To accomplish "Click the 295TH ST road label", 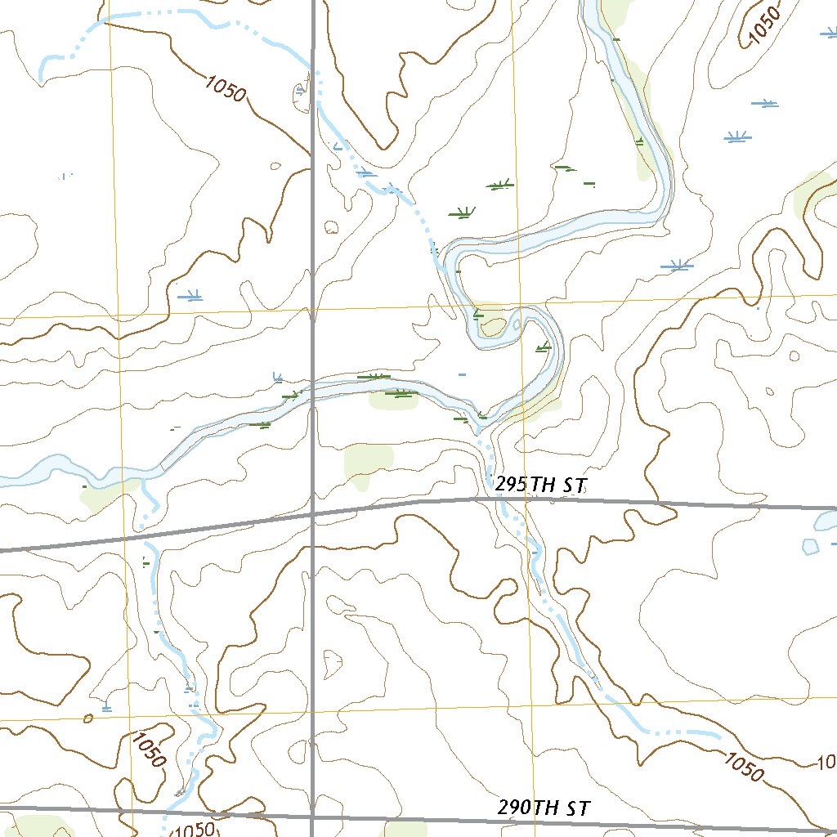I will [540, 485].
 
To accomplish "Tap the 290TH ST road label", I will [544, 808].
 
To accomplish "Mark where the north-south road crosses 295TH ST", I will [313, 514].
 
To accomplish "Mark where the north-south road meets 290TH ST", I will [313, 815].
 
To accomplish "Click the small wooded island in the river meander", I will [492, 327].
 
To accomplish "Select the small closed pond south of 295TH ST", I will [810, 546].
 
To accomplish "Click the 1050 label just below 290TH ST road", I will [193, 830].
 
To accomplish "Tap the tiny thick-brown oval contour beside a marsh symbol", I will [87, 718].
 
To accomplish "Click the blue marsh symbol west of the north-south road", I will [190, 295].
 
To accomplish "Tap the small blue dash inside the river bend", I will [463, 374].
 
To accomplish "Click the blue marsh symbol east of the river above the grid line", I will [677, 266].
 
